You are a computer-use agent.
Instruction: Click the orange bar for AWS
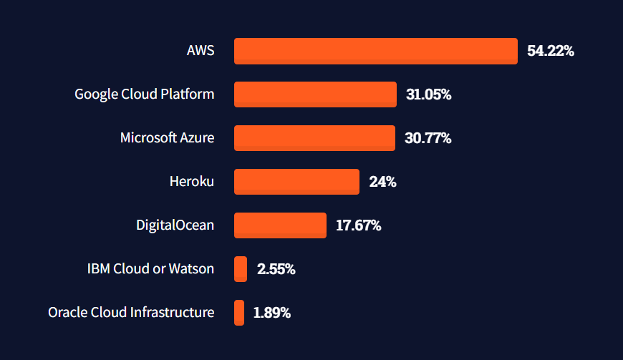[x=376, y=51]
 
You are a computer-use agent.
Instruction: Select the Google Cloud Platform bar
[x=315, y=94]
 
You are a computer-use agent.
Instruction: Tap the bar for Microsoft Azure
[x=314, y=138]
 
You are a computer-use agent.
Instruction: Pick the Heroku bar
[x=296, y=182]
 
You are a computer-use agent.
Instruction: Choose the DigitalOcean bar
[x=280, y=225]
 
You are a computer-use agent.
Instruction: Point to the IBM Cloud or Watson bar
[x=241, y=269]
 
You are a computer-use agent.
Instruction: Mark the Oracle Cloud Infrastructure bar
[x=239, y=313]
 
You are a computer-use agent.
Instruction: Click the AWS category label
[x=200, y=51]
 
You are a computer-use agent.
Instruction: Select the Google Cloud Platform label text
[x=144, y=94]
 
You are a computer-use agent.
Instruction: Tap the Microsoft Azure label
[x=167, y=138]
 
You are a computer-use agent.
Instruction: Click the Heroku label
[x=191, y=182]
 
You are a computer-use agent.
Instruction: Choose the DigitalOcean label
[x=175, y=225]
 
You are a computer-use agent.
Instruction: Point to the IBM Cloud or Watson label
[x=150, y=269]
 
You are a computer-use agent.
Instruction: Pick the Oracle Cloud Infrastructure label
[x=131, y=313]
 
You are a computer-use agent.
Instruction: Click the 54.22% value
[x=551, y=51]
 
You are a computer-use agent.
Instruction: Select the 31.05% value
[x=428, y=94]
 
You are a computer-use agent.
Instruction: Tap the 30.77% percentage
[x=428, y=138]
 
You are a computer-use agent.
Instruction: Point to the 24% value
[x=382, y=182]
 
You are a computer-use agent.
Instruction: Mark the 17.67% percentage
[x=358, y=225]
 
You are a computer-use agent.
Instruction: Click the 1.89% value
[x=271, y=313]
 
